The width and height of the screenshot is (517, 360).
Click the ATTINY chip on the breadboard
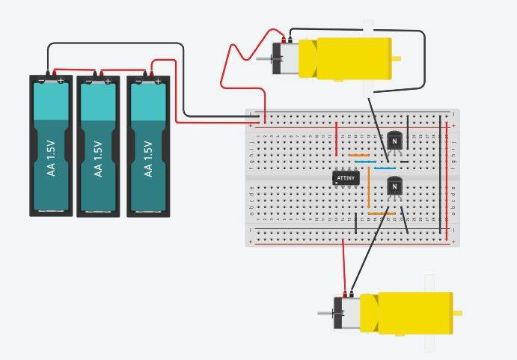346,178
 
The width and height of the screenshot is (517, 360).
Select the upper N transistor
394,140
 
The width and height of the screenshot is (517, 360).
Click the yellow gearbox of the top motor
344,58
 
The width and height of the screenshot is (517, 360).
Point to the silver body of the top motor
285,58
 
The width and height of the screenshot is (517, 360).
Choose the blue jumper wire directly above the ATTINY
365,162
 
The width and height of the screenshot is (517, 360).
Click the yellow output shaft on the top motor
397,58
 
